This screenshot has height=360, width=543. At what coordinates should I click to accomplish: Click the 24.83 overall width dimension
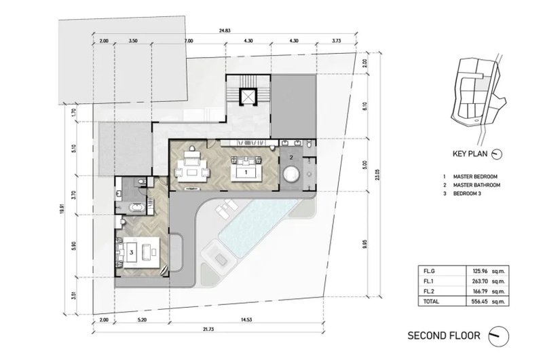click(x=225, y=31)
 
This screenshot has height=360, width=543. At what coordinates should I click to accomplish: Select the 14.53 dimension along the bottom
click(x=246, y=320)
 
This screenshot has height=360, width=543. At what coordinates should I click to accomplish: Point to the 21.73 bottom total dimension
click(x=208, y=329)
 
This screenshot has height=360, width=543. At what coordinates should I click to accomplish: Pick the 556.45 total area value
click(x=479, y=302)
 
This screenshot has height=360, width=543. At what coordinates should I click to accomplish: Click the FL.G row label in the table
click(x=429, y=270)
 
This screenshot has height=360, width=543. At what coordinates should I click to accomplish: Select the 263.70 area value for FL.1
click(x=479, y=281)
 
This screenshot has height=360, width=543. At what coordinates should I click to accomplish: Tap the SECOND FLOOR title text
click(x=444, y=336)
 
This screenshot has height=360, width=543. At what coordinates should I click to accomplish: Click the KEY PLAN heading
click(x=470, y=154)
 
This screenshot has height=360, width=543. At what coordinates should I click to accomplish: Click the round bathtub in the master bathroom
click(x=291, y=174)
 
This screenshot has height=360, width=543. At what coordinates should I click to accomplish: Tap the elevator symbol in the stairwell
click(x=247, y=96)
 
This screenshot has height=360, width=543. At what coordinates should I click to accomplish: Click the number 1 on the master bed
click(x=246, y=172)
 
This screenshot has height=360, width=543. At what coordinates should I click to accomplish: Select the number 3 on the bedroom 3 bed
click(x=131, y=253)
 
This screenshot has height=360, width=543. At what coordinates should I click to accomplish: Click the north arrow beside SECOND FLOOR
click(x=499, y=336)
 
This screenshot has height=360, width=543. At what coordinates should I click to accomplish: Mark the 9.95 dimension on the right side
click(x=365, y=244)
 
